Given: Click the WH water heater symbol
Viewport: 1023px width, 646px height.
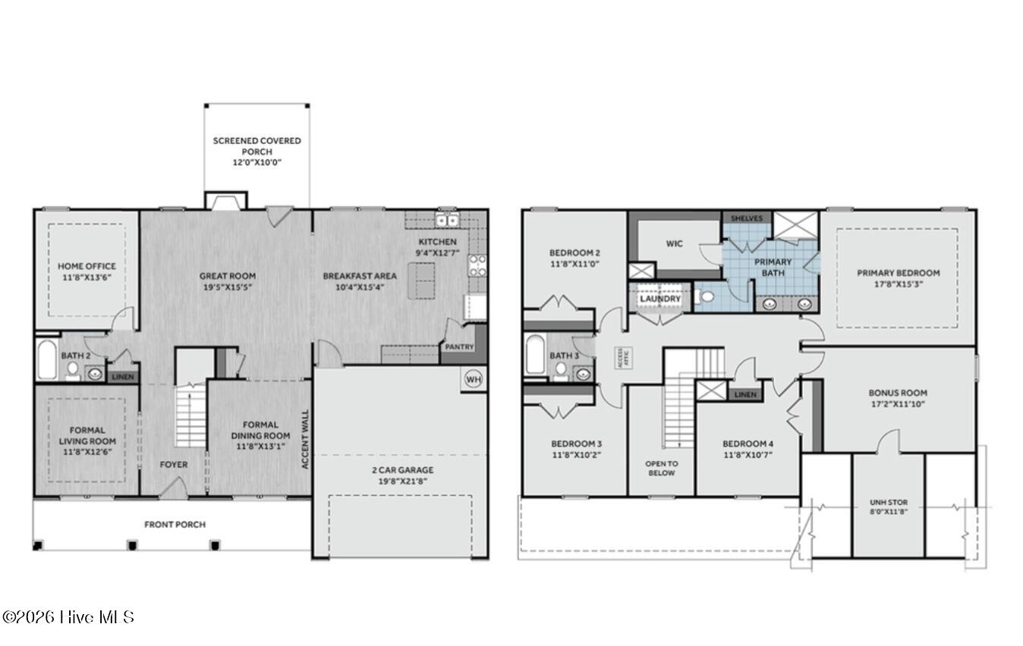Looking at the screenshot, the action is click(x=473, y=380).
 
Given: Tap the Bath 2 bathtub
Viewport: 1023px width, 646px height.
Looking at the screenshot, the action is click(x=46, y=359).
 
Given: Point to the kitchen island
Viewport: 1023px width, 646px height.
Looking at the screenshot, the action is click(x=421, y=281).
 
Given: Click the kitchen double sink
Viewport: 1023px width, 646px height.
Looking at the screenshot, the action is click(x=447, y=221).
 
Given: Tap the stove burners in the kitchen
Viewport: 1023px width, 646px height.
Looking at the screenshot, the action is click(x=477, y=266).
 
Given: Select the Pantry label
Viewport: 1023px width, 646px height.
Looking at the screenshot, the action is click(x=459, y=347).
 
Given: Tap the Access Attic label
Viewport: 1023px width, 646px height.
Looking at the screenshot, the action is click(x=623, y=358).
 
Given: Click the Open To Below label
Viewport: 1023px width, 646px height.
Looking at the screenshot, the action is click(x=662, y=468).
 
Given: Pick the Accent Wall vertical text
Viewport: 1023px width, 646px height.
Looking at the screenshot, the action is click(x=306, y=439).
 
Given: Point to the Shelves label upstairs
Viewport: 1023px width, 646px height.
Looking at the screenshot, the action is click(x=747, y=218).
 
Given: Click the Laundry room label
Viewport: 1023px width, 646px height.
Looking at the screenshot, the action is click(x=660, y=299).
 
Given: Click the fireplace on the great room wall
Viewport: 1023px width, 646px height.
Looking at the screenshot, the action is click(x=225, y=201).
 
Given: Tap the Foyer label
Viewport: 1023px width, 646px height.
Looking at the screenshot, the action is click(x=174, y=465).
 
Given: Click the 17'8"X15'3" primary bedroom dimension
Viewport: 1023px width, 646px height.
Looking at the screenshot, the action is click(x=898, y=284).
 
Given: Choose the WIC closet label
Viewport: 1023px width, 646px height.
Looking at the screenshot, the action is click(x=675, y=243).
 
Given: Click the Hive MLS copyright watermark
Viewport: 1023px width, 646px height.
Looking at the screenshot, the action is click(x=68, y=617).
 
